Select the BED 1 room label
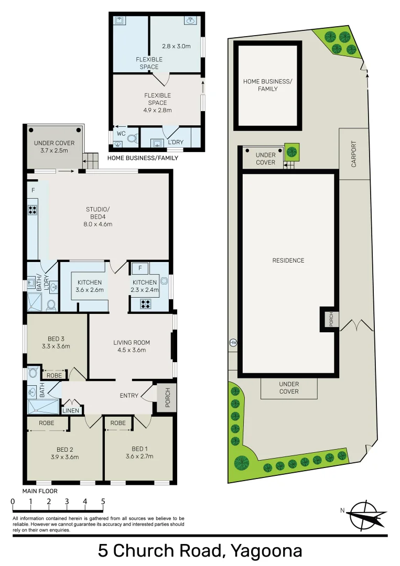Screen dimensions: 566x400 (138, 449)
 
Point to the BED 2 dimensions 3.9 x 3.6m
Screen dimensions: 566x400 (64, 457)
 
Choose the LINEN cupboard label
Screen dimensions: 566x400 (71, 410)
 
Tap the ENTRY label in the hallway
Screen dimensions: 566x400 (129, 395)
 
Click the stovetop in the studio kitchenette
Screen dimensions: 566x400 (33, 210)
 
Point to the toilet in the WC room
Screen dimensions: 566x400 (132, 138)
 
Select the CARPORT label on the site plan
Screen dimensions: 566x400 (353, 154)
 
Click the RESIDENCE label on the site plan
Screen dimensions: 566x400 (288, 260)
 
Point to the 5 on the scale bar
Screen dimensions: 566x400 (103, 502)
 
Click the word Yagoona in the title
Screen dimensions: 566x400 (266, 551)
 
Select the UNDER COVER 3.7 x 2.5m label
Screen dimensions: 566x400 (54, 147)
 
